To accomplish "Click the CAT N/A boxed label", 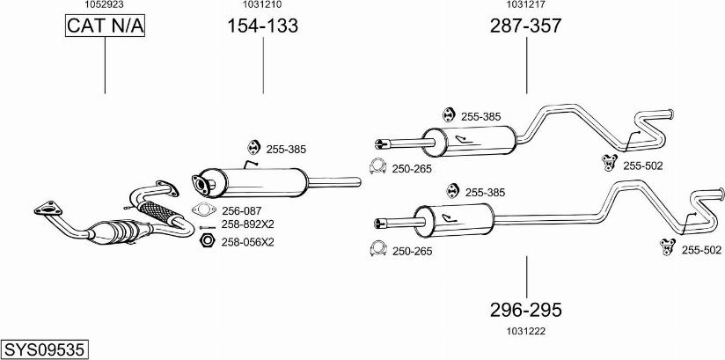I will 105,27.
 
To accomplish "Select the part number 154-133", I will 263,26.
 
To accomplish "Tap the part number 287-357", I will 525,26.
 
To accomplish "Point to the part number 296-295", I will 526,310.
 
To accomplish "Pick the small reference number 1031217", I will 525,4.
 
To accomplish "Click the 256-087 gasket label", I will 242,210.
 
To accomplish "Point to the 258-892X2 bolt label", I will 247,224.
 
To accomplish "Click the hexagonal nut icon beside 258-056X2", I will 207,240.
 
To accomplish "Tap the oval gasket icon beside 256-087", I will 203,210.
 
